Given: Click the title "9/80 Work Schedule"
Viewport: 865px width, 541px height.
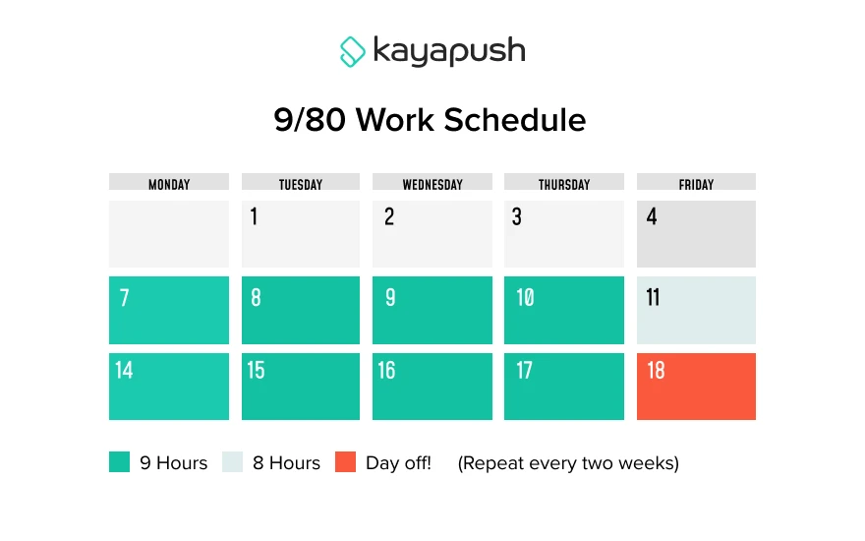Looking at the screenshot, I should (430, 120).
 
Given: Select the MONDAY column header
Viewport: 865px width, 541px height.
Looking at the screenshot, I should (169, 183).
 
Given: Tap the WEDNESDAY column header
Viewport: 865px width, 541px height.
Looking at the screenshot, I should (432, 183).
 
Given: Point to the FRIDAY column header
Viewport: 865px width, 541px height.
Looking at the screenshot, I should (696, 183).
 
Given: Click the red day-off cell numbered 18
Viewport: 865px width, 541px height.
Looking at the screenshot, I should (696, 387).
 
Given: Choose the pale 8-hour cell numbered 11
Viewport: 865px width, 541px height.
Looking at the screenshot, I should (696, 310).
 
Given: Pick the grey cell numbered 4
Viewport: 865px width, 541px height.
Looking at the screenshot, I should (696, 234).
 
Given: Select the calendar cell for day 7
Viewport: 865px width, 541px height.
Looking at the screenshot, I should (169, 310).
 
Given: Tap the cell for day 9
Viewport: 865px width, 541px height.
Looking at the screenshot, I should (432, 310).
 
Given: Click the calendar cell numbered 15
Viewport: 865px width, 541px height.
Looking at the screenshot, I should (301, 387).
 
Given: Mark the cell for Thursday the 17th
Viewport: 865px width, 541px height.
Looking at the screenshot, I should (564, 387).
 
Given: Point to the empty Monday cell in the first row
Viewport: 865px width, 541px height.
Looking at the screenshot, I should (169, 234).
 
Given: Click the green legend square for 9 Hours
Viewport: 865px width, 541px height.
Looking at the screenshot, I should (119, 462).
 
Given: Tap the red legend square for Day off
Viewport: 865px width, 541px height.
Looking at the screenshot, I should (345, 462).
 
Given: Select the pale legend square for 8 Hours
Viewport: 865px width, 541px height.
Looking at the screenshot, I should (232, 462).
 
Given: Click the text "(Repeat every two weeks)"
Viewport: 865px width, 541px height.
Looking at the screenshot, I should (568, 462).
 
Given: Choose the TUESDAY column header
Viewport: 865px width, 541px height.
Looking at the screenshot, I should (301, 183).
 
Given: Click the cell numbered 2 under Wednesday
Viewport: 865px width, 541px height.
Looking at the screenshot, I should (432, 234).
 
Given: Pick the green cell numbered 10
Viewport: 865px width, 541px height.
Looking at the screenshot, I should (564, 310).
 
